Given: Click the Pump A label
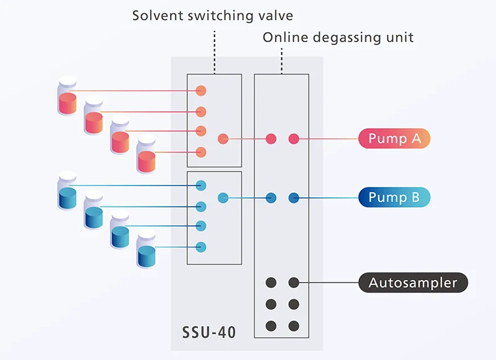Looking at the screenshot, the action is click(394, 138).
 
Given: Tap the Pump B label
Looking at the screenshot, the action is click(394, 197).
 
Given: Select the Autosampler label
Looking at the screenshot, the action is click(413, 283).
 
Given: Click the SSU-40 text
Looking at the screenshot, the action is click(209, 333).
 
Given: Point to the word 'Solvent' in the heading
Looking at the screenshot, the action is click(157, 15).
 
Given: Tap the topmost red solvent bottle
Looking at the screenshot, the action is click(68, 95).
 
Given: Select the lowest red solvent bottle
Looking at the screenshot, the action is click(146, 154).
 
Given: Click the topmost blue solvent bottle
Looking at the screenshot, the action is click(68, 191).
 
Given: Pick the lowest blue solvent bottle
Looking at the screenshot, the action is click(146, 248).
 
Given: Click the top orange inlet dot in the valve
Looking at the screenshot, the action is click(201, 90).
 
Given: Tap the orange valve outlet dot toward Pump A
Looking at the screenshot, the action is click(223, 139).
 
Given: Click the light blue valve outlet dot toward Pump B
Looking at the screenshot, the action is click(223, 198).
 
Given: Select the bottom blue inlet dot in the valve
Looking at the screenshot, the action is click(201, 247).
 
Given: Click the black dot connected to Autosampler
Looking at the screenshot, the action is click(294, 283).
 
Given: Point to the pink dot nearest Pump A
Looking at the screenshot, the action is click(294, 139).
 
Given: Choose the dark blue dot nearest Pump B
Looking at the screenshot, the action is click(294, 198).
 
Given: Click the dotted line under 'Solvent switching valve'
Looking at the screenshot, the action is click(215, 52).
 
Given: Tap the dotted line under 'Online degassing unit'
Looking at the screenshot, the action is click(281, 61).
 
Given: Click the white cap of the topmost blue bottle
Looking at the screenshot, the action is click(68, 177).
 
